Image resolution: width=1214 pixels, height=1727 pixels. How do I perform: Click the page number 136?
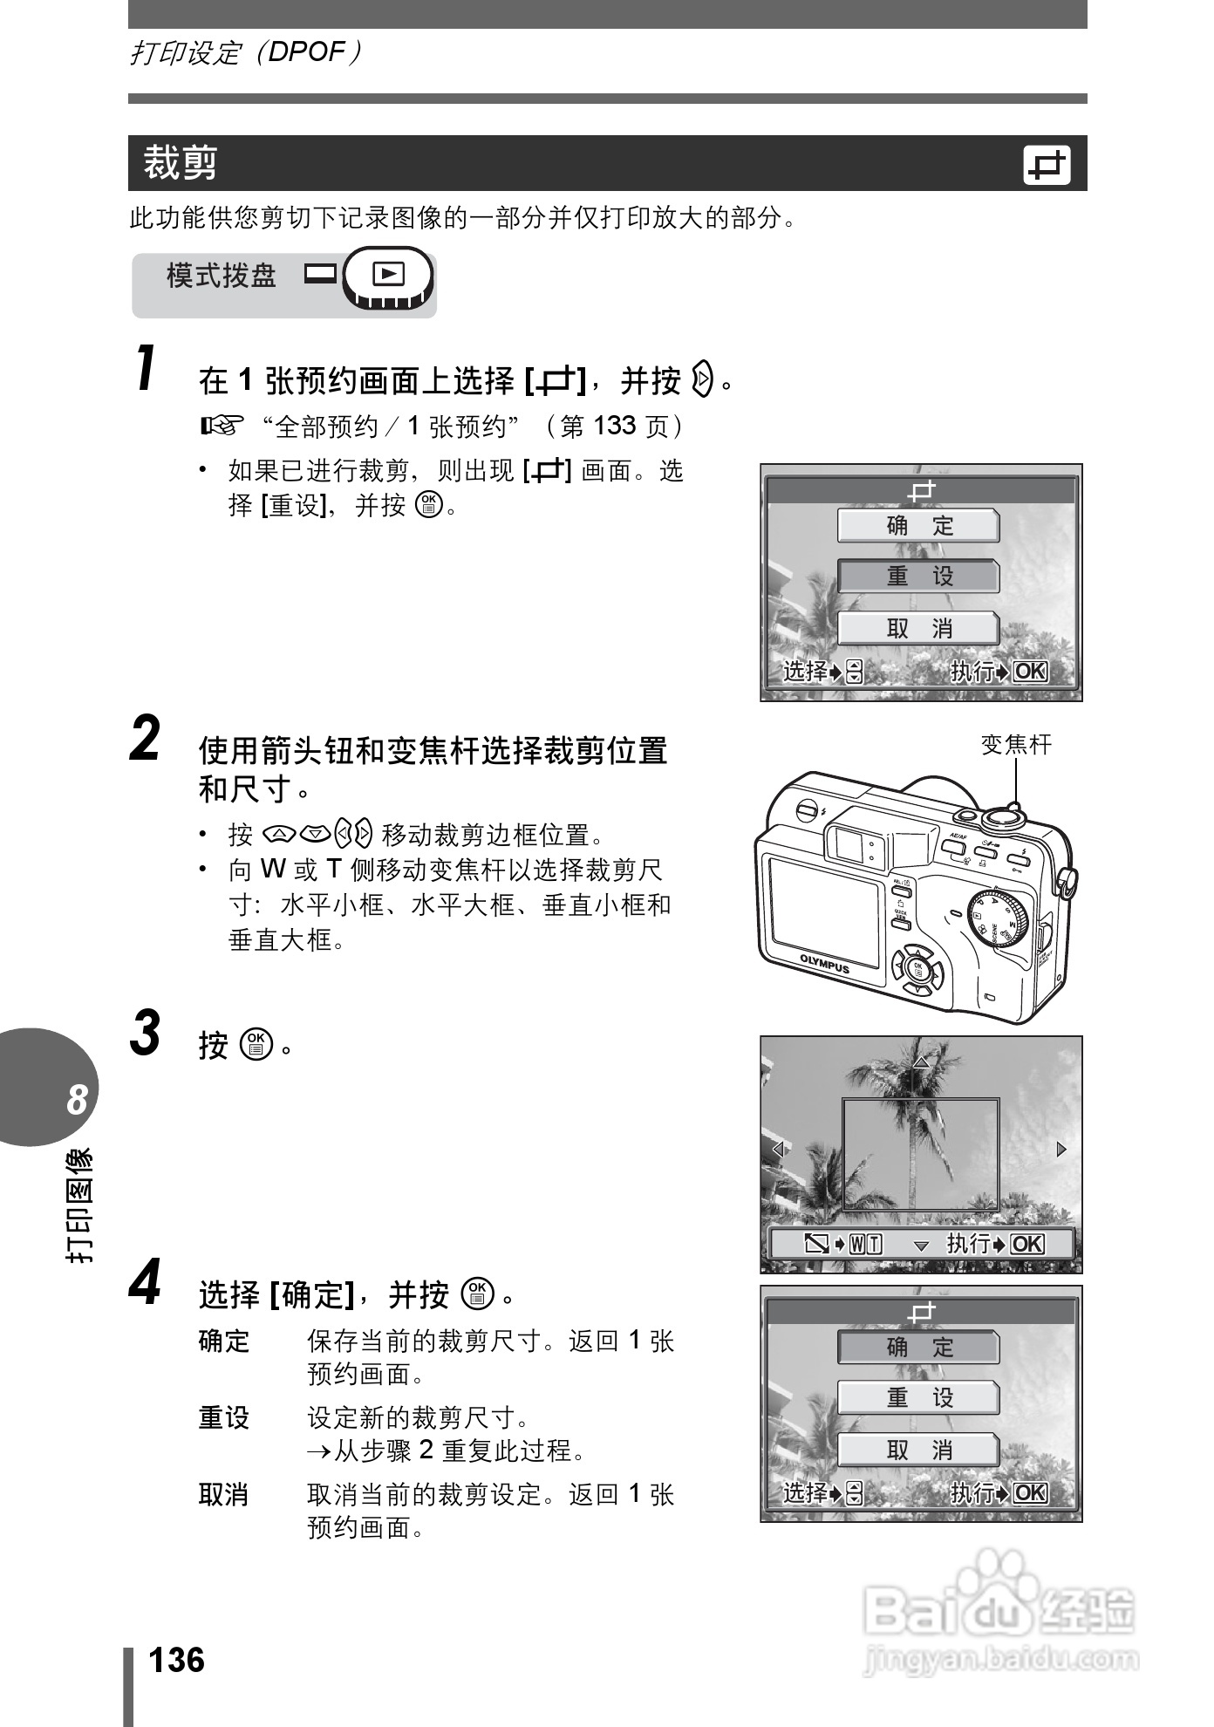[177, 1660]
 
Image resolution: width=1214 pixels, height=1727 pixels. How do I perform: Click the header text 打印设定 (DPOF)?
[244, 53]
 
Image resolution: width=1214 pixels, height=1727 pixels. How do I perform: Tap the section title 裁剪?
[180, 163]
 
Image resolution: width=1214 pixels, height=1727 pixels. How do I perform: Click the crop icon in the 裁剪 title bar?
[1046, 166]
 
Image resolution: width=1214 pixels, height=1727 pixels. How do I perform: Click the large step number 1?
[148, 369]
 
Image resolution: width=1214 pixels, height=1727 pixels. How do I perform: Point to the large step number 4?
[146, 1284]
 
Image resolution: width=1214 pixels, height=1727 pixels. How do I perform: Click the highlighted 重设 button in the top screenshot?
[918, 577]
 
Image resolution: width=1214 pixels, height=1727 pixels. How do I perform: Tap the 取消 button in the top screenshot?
[918, 628]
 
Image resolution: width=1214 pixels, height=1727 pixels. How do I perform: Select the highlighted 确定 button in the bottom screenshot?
[918, 1348]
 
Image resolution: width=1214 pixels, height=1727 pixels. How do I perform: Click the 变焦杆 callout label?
[1016, 745]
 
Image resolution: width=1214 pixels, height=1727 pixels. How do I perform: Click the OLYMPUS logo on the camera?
[824, 963]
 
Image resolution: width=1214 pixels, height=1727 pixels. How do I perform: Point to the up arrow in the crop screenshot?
[921, 1062]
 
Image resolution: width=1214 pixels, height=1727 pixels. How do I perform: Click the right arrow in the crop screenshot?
[1061, 1149]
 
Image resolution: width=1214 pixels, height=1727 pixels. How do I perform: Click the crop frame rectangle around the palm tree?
[920, 1154]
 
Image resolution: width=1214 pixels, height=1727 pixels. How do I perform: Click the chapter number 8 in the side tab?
[77, 1100]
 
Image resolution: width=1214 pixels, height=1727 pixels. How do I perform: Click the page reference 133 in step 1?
[614, 426]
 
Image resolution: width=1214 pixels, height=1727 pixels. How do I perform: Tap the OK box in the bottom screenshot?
[1030, 1492]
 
